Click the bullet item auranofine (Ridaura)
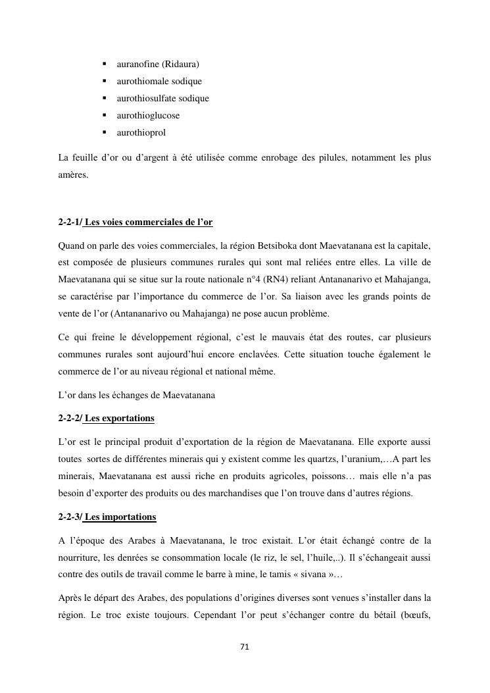(x=158, y=64)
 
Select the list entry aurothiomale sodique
(x=159, y=82)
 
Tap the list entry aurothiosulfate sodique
(x=162, y=99)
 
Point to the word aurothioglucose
(x=148, y=116)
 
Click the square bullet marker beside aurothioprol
(x=105, y=132)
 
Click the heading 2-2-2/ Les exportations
(x=107, y=419)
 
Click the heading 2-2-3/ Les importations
(x=107, y=517)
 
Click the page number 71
(x=245, y=647)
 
